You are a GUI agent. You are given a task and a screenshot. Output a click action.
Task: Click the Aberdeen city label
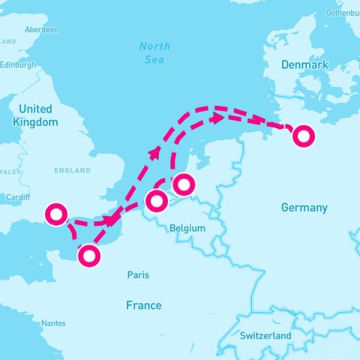point(41,29)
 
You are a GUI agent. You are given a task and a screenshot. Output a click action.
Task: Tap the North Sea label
point(154,52)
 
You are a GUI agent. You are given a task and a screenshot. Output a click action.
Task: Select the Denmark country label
point(304,65)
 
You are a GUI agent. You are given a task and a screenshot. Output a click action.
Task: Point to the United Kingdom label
point(36,115)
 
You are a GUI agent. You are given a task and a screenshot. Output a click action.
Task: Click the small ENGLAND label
point(73,171)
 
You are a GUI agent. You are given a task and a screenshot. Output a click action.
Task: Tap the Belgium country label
point(187,227)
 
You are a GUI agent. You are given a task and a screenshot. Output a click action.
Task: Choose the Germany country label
point(304,207)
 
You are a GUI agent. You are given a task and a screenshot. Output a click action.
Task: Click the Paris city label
point(138,275)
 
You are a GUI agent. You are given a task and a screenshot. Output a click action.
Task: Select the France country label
point(143,305)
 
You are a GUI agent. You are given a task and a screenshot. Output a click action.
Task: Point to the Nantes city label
point(53,323)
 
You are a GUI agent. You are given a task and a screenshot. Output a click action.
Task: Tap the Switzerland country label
point(265,336)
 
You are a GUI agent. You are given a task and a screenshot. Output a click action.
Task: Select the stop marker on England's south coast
point(56,214)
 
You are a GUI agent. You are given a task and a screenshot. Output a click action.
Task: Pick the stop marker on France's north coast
point(89,256)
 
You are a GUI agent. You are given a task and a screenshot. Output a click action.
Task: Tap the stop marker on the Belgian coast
point(156,201)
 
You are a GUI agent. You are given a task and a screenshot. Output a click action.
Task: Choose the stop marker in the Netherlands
point(183,184)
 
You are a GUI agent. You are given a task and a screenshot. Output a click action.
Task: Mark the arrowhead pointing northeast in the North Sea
point(155,152)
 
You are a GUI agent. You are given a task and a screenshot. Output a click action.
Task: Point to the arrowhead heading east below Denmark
point(217,118)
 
